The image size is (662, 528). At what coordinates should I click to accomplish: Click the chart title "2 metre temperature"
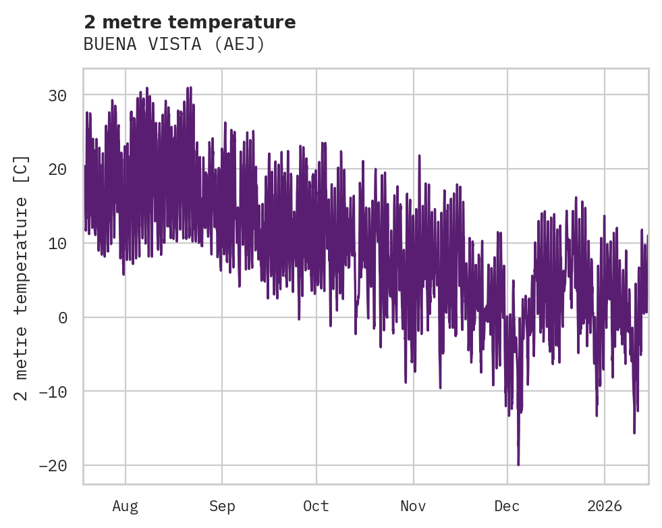[x=190, y=22]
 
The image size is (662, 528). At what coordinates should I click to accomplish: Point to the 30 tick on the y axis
[x=57, y=95]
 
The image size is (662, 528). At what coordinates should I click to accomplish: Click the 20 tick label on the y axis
[x=57, y=169]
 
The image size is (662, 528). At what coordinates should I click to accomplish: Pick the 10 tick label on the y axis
[x=57, y=243]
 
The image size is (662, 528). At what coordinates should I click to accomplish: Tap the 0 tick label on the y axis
[x=63, y=317]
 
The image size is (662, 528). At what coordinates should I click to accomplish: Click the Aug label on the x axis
[x=126, y=506]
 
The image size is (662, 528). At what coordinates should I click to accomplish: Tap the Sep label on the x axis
[x=222, y=506]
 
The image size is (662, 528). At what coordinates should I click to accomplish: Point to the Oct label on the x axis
[x=316, y=506]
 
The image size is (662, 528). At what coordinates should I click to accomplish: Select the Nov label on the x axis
[x=413, y=506]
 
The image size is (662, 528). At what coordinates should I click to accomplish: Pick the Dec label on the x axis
[x=507, y=506]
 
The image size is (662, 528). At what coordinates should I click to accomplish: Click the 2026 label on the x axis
[x=604, y=506]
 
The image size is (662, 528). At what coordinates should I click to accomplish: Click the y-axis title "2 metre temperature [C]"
[x=22, y=277]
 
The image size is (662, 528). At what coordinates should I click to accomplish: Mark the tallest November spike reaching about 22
[x=419, y=156]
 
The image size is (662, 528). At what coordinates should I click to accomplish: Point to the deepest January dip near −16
[x=634, y=433]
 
